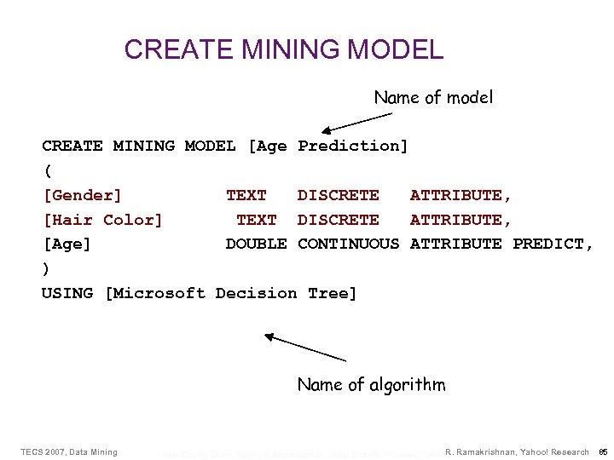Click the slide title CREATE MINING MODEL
coord(284,49)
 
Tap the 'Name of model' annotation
coord(433,98)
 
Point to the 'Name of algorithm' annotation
coord(371,385)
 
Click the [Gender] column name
coord(82,196)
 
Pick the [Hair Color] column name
coord(102,220)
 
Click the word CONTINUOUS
coord(348,244)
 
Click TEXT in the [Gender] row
coord(246,196)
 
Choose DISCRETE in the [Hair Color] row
coord(338,220)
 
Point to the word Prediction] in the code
coord(353,147)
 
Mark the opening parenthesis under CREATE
coord(47,170)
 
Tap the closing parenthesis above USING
coord(47,268)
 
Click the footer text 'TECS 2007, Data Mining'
coord(68,451)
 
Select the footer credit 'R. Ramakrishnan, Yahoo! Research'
coord(517,451)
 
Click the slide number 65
coord(602,451)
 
